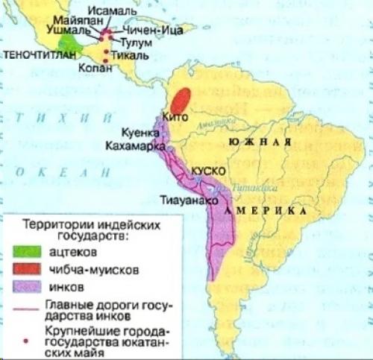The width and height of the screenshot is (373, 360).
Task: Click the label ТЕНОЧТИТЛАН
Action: [34, 55]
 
